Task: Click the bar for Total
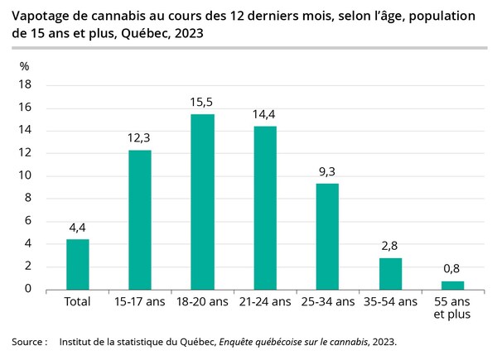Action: [78, 264]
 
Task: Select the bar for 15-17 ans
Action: [140, 219]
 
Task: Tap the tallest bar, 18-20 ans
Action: [203, 201]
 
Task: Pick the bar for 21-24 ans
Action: [265, 208]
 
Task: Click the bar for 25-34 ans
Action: [327, 237]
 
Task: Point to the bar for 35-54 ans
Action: [390, 273]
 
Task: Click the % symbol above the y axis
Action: [25, 66]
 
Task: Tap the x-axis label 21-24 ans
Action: [265, 303]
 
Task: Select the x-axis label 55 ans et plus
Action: [452, 309]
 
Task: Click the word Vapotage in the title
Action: [42, 17]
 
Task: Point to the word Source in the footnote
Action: [27, 341]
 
